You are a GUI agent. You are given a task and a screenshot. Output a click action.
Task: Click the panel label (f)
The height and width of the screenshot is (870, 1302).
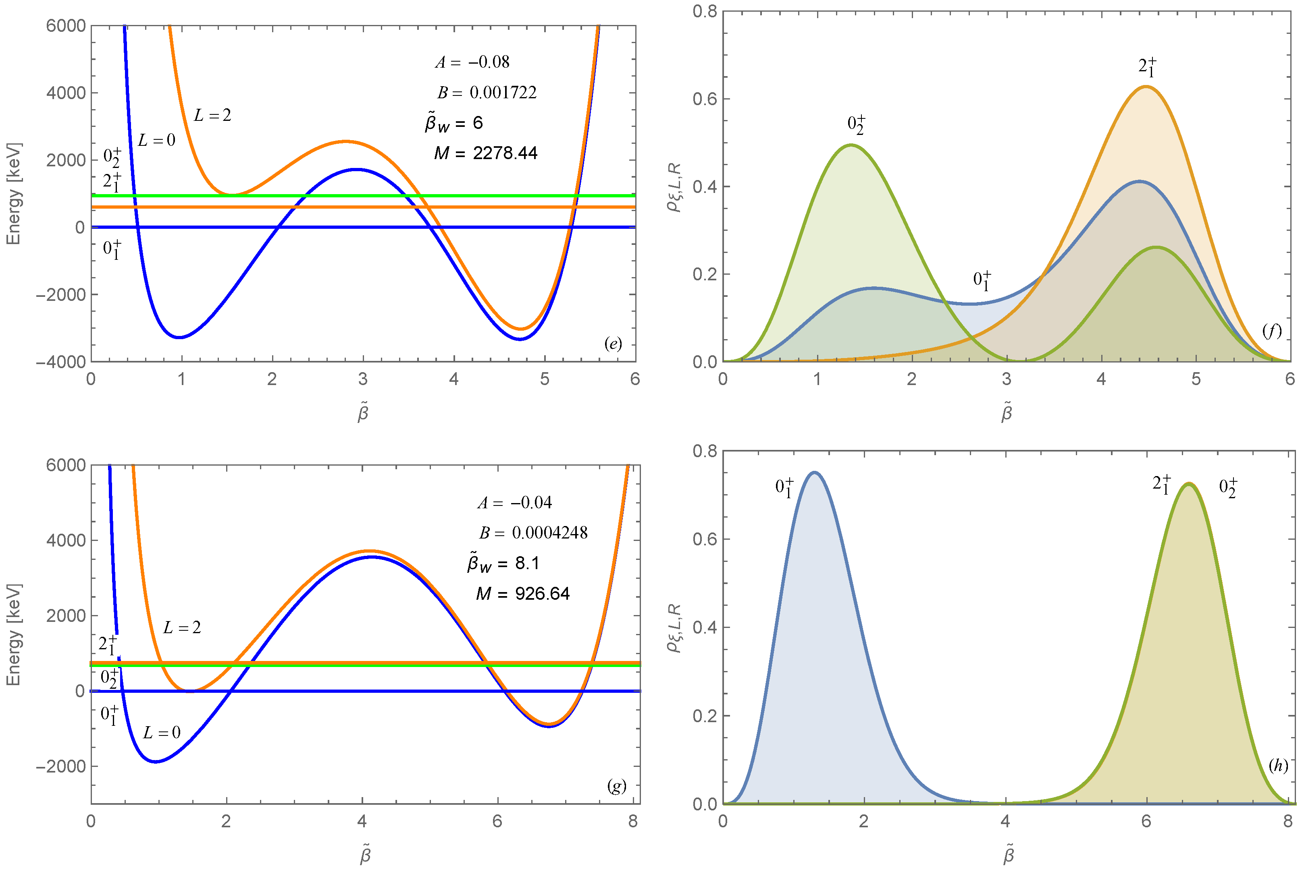point(1271,331)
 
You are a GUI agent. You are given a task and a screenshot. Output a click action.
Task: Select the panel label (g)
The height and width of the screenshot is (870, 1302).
point(616,786)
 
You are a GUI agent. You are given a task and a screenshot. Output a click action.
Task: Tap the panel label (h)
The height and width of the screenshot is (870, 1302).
point(1278,766)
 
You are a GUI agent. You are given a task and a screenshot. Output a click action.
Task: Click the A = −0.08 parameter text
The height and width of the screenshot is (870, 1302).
point(472,62)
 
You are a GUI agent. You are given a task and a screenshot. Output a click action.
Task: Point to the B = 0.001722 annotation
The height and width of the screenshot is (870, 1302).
point(487,92)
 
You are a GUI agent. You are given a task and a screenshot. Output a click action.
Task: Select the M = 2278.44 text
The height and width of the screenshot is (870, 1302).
point(486,153)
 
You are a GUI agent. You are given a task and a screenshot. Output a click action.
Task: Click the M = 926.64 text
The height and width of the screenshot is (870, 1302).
point(522,594)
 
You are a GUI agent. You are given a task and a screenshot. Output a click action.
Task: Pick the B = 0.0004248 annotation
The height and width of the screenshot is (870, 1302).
point(533,532)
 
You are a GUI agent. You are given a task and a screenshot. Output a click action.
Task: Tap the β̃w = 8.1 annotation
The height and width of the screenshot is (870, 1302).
point(503,563)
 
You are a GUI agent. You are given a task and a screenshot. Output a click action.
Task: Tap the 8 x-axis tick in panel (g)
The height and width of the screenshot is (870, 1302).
point(632,822)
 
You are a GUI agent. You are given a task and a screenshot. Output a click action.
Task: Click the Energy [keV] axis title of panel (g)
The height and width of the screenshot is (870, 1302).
point(13,634)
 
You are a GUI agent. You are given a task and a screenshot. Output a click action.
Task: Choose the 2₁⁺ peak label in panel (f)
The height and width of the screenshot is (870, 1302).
point(1147,66)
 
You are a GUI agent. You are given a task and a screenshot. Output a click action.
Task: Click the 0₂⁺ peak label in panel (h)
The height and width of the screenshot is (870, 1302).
point(1228,488)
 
